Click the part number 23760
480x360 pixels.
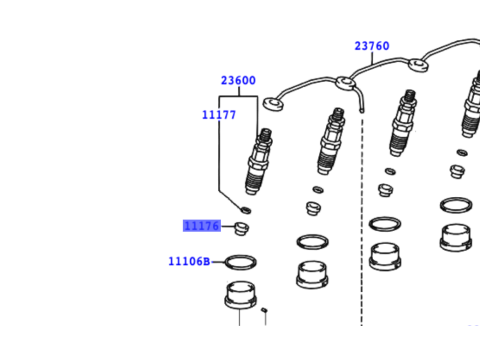pos(371,45)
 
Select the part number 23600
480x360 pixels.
pos(238,80)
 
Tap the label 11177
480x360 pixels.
pos(218,115)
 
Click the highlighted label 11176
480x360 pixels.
pos(201,226)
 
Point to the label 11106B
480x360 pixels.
pos(189,262)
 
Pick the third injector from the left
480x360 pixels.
pos(402,125)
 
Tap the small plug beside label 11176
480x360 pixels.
pos(241,231)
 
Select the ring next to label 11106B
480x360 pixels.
pos(240,263)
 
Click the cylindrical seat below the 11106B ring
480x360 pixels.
pos(240,297)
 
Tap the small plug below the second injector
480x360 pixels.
pos(311,209)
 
